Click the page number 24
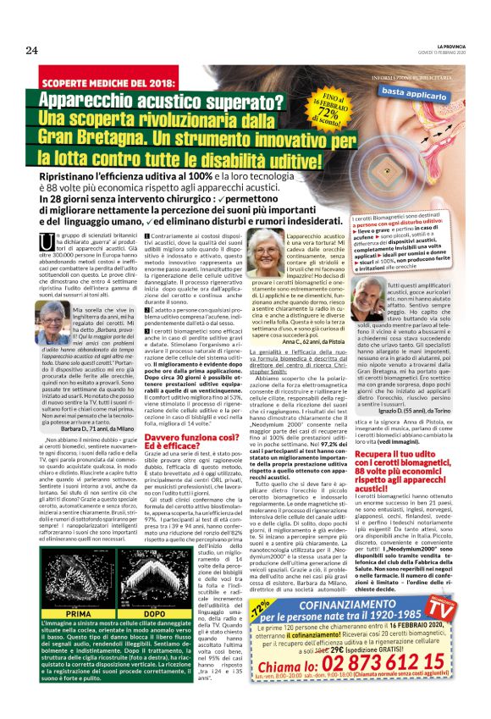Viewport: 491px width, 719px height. (x=31, y=51)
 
